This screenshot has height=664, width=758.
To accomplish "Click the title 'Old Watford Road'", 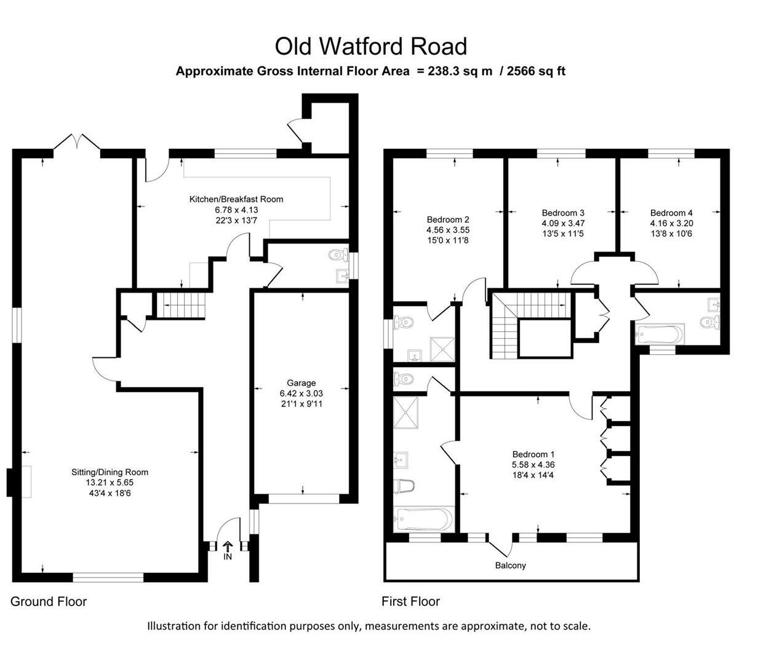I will click(370, 46).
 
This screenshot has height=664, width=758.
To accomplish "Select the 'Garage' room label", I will click(301, 383).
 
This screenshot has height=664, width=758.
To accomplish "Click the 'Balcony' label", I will click(511, 565).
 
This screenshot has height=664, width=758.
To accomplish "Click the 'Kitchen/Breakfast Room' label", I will click(236, 199).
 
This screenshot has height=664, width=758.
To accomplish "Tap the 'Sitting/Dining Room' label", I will click(110, 472).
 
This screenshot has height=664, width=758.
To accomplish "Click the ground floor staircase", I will click(179, 305).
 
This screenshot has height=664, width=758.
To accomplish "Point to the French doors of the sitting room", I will click(76, 143).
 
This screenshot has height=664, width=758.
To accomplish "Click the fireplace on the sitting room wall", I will click(11, 481).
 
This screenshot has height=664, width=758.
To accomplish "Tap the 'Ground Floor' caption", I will click(49, 601).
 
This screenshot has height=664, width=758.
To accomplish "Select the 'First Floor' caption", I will click(410, 601).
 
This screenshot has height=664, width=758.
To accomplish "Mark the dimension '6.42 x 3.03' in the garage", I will click(301, 393).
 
